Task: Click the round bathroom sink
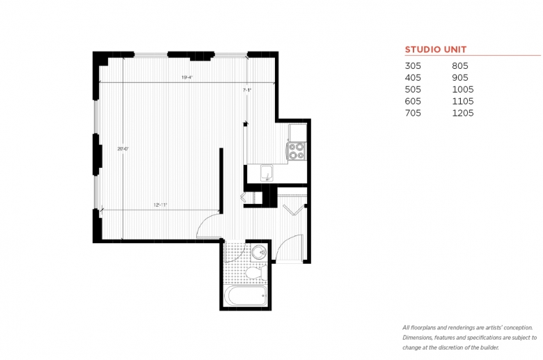pos(259,252)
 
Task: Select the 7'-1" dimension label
pos(246,91)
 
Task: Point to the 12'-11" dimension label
pos(161,205)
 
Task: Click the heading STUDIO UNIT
pos(436,49)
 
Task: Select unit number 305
pos(414,66)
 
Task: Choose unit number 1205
pos(463,113)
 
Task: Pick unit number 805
pos(460,66)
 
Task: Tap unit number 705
pos(414,113)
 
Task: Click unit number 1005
pos(463,89)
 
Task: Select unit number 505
pos(414,89)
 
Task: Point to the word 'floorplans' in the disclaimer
pos(423,327)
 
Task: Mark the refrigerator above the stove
pos(297,131)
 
